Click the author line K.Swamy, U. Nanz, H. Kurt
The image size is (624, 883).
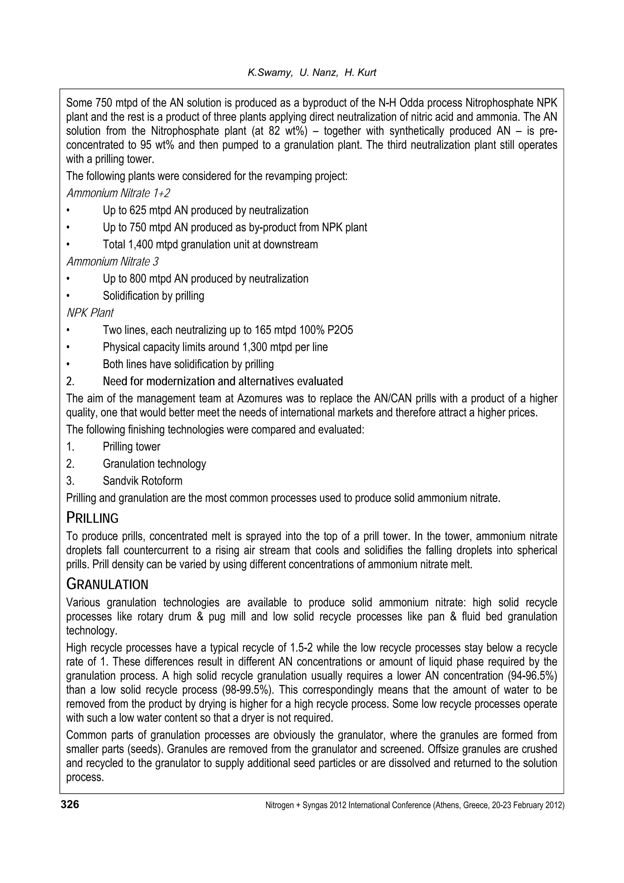(312, 73)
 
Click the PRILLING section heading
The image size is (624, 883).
(92, 518)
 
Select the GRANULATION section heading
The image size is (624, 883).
(107, 585)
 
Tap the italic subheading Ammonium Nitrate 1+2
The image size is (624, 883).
(118, 193)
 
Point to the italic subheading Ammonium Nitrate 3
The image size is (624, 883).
(112, 262)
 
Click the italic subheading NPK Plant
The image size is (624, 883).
(90, 313)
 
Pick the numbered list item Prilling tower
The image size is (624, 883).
(132, 447)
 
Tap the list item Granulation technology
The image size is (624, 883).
(154, 464)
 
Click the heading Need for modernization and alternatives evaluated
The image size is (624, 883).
(223, 382)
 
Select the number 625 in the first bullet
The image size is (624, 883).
(138, 210)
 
